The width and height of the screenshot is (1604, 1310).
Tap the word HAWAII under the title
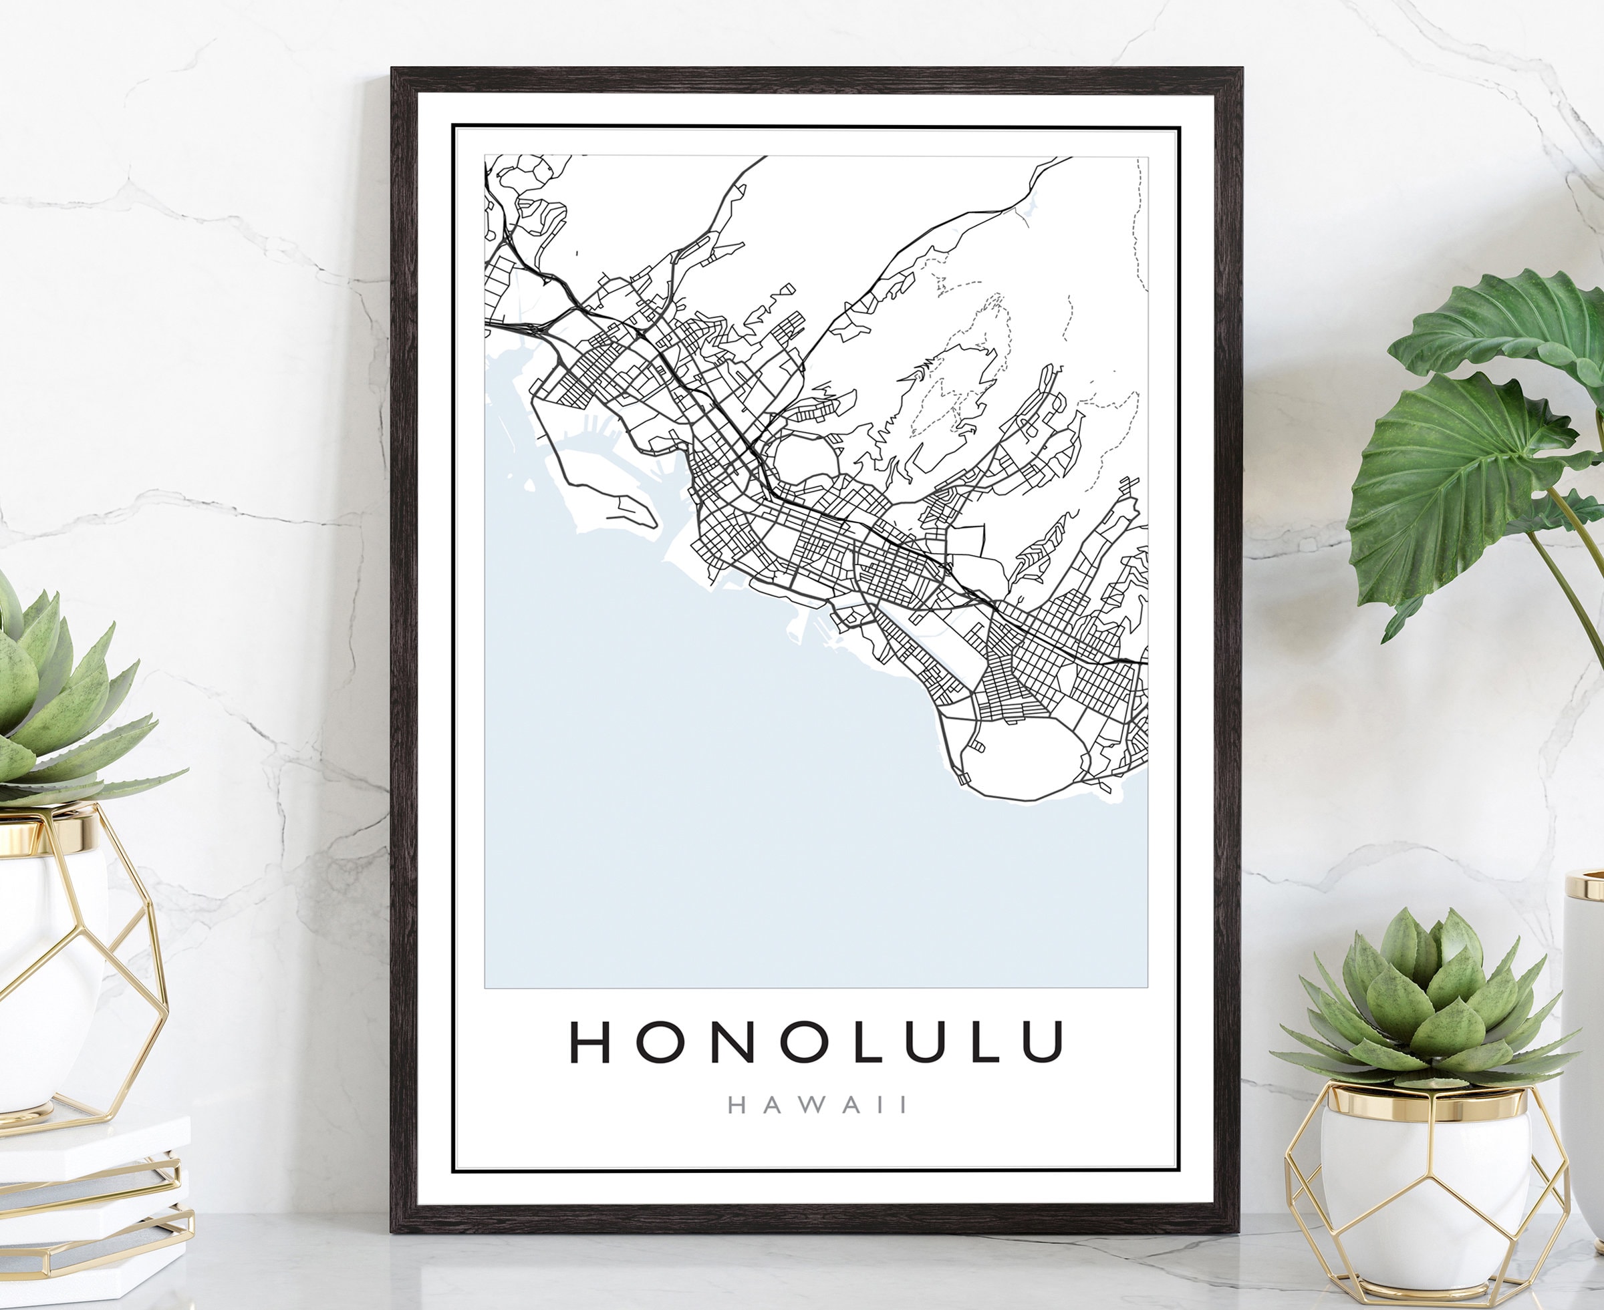(817, 1106)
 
